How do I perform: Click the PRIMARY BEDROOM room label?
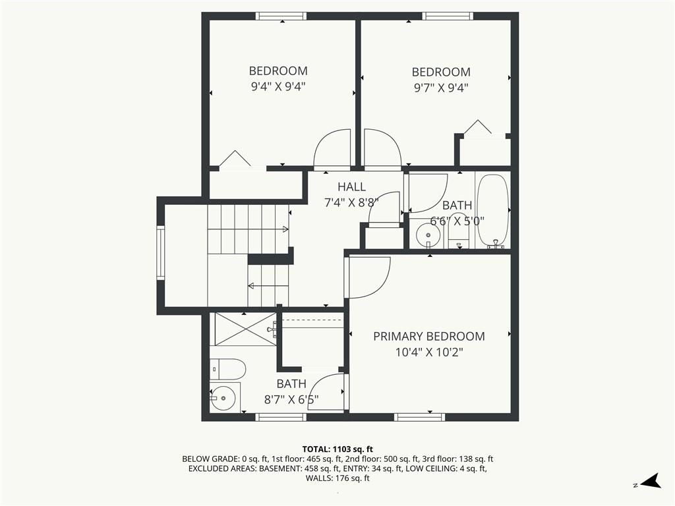428,336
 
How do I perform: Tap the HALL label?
352,186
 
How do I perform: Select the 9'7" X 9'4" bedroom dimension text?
441,88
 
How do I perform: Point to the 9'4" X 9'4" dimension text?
278,87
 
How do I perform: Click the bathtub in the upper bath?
493,211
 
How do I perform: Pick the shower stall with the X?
245,329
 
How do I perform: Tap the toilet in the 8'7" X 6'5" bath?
227,369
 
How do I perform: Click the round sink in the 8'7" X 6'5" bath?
224,397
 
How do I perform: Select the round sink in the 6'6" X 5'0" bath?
428,235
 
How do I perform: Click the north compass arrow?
651,480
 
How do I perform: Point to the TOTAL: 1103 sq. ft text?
337,449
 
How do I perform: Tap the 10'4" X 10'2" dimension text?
429,352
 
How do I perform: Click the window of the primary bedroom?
420,417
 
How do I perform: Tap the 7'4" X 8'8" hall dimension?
351,203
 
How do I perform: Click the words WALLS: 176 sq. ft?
337,478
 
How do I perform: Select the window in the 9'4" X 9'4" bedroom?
281,16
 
